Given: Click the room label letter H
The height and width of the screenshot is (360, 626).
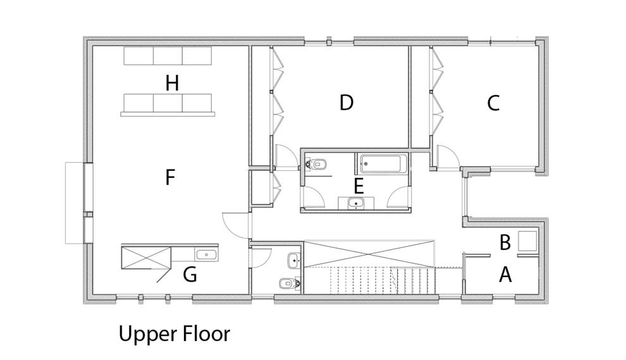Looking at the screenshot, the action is pos(172,84).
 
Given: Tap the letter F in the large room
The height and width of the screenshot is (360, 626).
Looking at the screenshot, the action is pos(170,177).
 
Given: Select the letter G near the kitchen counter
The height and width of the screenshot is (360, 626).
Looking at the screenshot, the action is pos(190,275).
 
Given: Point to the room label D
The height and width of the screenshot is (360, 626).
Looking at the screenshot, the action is pos(346,102).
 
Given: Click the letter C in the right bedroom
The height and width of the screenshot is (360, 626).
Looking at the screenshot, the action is pos(493,103).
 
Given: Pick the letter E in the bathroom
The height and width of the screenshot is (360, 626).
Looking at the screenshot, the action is pos(359,186).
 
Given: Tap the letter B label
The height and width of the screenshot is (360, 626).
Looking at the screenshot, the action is pos(505,243).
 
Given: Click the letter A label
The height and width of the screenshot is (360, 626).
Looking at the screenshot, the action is pos(505,275).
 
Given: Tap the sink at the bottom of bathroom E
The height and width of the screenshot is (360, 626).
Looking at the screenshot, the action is pos(356,203).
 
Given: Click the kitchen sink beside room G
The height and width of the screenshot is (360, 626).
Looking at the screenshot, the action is pos(206,254).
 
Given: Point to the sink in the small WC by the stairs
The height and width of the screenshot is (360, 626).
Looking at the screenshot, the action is pos(294,261).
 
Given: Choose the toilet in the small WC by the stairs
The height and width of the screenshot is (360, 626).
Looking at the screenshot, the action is pos(290,283).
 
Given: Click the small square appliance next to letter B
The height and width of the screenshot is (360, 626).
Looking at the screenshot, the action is pos(527,241).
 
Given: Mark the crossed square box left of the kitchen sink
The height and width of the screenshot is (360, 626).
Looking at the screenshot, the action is pos(145,258).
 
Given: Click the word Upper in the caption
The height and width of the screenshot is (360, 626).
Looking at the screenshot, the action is pos(145,335).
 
